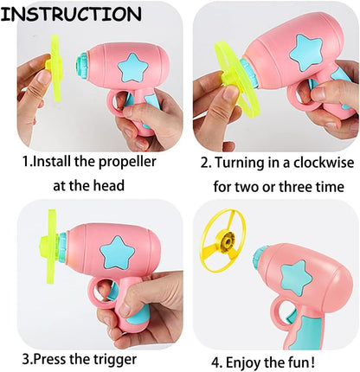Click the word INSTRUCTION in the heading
coord(73,14)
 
